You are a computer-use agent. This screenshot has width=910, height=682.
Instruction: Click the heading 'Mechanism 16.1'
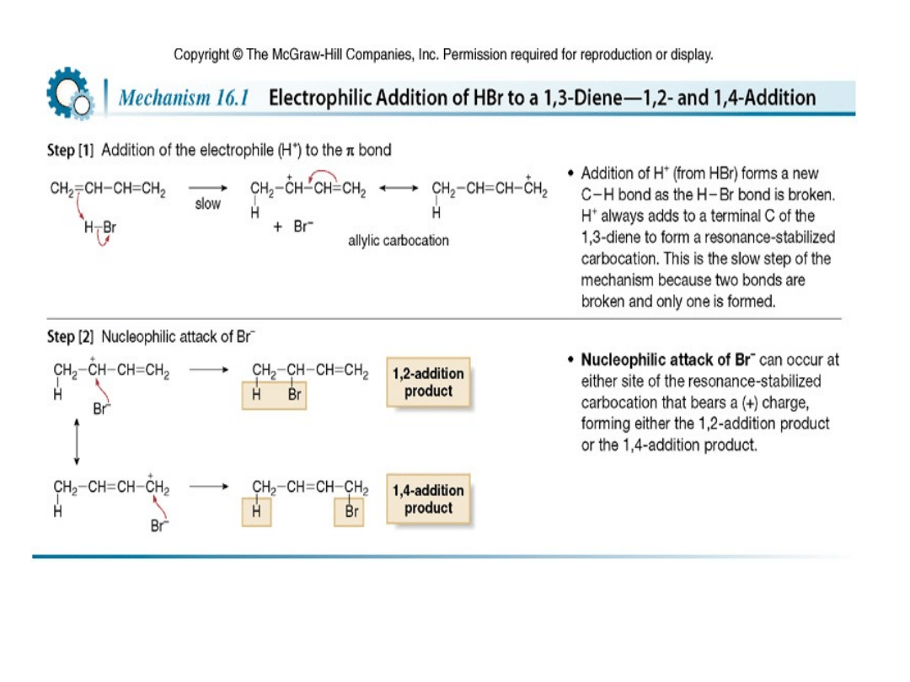pyautogui.click(x=182, y=98)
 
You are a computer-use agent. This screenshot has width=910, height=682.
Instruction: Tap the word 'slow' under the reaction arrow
pyautogui.click(x=207, y=204)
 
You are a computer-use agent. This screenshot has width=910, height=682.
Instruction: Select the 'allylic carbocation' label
pyautogui.click(x=399, y=241)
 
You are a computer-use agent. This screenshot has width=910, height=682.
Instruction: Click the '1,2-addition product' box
pyautogui.click(x=428, y=383)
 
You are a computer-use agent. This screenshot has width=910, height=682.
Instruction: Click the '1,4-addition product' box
pyautogui.click(x=428, y=500)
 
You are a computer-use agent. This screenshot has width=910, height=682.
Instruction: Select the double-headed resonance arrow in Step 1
pyautogui.click(x=399, y=189)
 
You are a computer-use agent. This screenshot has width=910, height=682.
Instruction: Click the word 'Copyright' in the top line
pyautogui.click(x=201, y=55)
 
